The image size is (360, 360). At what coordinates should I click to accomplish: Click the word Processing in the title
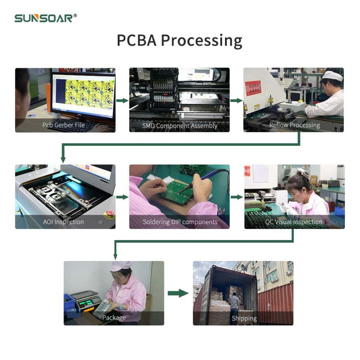(201, 40)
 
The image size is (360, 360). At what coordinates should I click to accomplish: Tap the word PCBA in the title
(136, 40)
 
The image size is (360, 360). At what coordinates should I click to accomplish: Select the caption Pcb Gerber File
(64, 125)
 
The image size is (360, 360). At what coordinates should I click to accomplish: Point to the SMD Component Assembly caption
(180, 126)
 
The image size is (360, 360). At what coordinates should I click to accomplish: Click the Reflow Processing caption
(294, 125)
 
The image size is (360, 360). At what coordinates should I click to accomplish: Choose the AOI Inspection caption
(63, 222)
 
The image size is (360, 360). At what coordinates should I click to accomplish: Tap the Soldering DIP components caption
(180, 222)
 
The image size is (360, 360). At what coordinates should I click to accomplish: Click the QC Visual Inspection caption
(294, 222)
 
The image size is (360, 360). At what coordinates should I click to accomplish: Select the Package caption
(114, 318)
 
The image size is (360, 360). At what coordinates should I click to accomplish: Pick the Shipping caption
(244, 318)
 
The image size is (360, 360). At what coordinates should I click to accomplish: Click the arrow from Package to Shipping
(178, 293)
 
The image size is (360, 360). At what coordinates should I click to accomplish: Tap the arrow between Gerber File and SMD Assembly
(122, 100)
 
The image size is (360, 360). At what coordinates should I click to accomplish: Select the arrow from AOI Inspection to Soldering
(122, 197)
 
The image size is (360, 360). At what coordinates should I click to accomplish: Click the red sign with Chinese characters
(253, 88)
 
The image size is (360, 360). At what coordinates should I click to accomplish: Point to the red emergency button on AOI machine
(109, 214)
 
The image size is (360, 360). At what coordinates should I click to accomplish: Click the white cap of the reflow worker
(333, 76)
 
